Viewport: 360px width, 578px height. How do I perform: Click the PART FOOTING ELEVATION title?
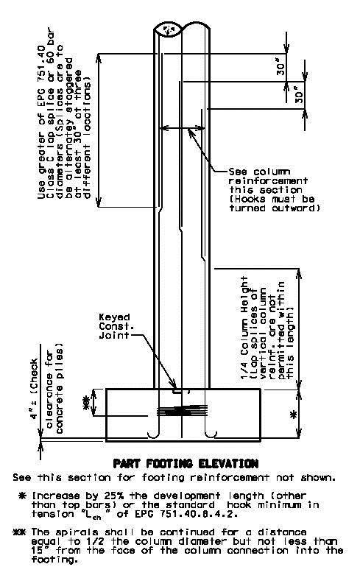186,463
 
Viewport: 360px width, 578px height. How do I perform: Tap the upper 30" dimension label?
280,68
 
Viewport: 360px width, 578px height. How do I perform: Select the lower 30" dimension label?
300,95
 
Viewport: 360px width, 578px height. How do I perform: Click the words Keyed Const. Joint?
115,326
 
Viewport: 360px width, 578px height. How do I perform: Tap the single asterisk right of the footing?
294,415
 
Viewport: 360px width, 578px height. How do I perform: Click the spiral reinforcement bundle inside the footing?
183,410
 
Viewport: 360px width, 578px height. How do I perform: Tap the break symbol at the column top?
169,29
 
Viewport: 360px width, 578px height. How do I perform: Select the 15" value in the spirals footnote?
38,550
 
